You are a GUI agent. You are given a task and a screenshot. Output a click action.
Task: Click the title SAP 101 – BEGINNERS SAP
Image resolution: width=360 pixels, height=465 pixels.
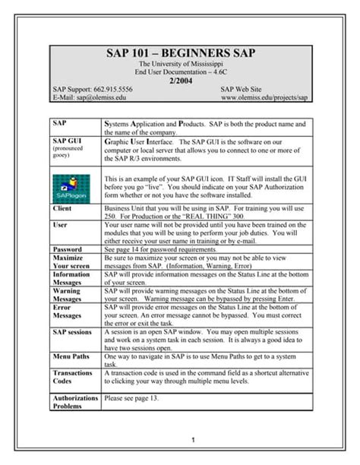[x=180, y=55]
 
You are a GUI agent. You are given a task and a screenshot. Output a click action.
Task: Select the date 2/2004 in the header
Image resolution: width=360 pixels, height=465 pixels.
[x=180, y=81]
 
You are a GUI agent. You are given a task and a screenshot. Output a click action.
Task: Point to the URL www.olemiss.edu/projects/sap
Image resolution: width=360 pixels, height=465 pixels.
[x=264, y=98]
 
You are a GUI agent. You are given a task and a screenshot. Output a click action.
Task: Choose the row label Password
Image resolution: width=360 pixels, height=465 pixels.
[x=68, y=248]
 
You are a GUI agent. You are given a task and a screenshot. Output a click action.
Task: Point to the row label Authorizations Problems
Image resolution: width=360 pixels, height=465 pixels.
[x=75, y=401]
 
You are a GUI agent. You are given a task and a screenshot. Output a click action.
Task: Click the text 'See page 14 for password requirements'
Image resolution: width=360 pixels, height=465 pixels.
[x=165, y=248]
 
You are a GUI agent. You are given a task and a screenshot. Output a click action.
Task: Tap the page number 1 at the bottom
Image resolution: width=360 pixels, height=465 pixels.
[x=194, y=440]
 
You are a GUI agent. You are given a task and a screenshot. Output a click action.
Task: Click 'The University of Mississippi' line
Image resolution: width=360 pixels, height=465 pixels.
[x=180, y=65]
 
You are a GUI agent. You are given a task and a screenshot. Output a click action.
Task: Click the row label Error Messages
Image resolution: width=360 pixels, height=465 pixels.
[x=67, y=313]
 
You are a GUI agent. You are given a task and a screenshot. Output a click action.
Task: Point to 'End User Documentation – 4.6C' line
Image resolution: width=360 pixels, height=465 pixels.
[x=180, y=72]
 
